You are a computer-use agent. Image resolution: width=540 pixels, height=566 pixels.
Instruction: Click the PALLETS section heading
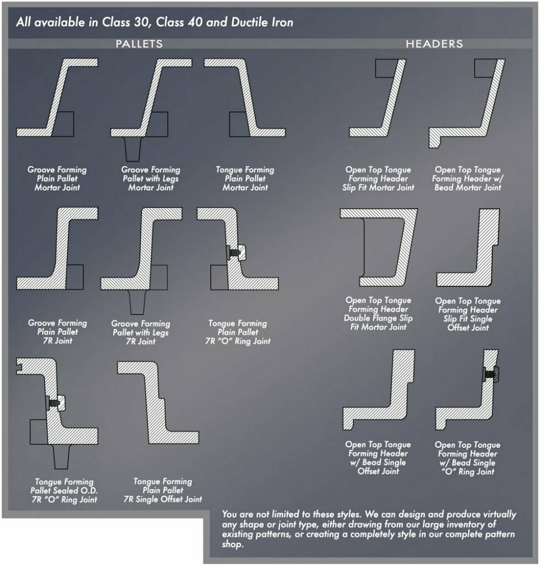[x=139, y=44]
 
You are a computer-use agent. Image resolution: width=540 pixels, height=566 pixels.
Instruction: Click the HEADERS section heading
[x=434, y=44]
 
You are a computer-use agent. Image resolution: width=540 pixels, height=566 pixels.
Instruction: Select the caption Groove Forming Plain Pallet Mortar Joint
[x=57, y=179]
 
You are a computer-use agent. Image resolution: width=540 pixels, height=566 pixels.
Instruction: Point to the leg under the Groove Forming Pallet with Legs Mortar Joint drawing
[x=133, y=149]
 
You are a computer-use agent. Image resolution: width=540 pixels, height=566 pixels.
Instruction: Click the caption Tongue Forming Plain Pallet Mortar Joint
[x=245, y=179]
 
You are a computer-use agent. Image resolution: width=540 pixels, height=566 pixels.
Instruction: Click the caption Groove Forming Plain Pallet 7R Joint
[x=57, y=332]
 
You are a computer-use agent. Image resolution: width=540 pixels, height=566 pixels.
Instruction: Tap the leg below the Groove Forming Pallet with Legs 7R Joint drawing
[x=138, y=302]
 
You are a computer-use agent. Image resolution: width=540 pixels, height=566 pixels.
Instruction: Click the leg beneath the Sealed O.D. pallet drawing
[x=61, y=457]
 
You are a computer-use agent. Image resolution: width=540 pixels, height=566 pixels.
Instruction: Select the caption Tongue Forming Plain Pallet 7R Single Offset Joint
[x=163, y=490]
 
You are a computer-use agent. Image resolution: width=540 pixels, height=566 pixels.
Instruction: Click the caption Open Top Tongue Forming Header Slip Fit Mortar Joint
[x=378, y=179]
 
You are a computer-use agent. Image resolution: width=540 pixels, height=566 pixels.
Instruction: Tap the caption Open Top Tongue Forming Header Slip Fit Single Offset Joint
[x=468, y=314]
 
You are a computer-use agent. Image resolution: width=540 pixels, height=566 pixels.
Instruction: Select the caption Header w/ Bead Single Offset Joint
[x=378, y=458]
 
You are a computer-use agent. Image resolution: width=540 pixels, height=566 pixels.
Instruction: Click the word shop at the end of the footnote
[x=232, y=544]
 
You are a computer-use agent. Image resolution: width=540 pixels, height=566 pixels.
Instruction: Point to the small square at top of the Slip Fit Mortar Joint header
[x=385, y=69]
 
